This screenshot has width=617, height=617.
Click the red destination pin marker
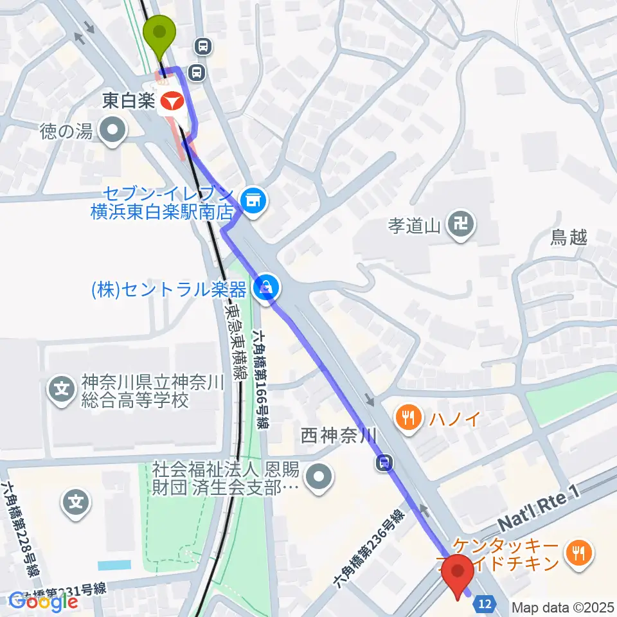[x=458, y=573]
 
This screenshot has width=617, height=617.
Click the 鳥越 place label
[x=569, y=238]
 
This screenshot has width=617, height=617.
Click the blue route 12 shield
[x=487, y=603]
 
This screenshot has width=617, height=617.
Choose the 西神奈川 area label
[x=338, y=437]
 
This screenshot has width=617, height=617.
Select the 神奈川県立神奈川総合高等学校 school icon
[x=62, y=389]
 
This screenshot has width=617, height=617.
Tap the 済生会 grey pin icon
[x=319, y=477]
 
